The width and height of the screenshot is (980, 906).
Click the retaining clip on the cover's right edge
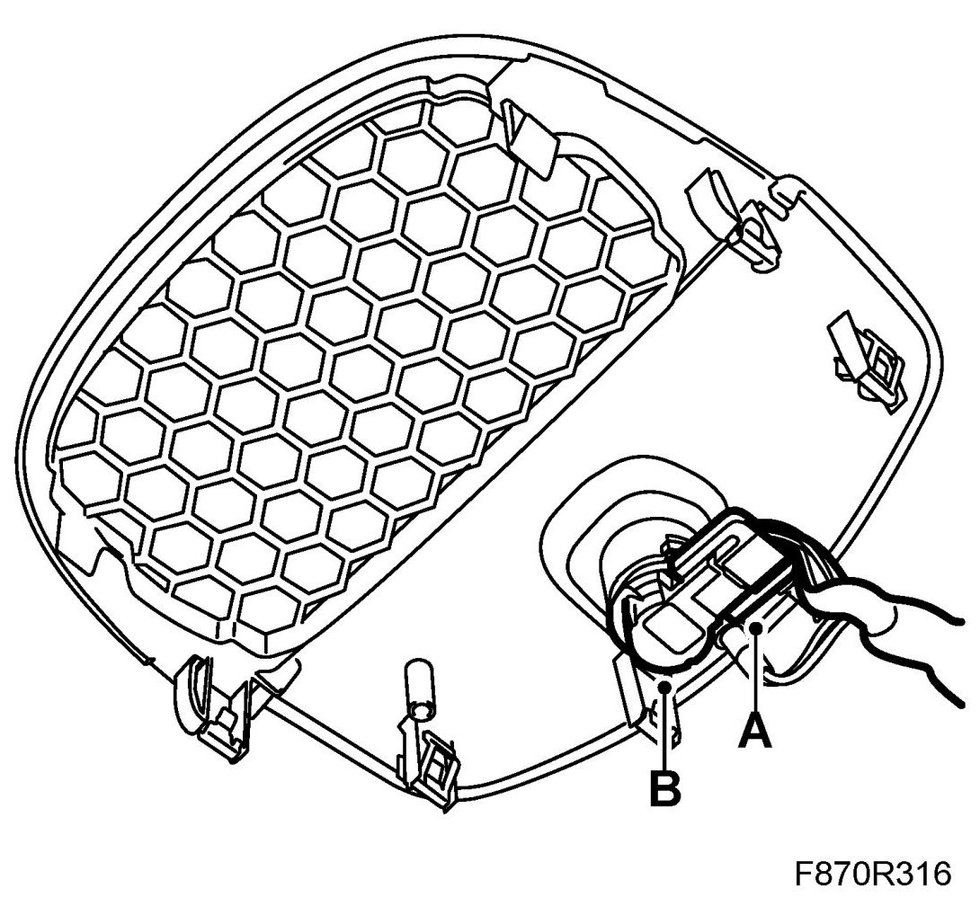point(863,360)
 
